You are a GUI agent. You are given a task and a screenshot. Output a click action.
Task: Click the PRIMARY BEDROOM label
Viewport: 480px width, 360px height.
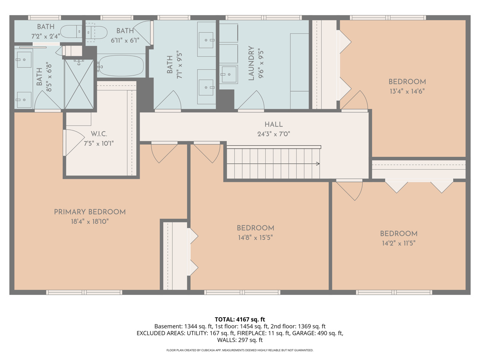click(90, 212)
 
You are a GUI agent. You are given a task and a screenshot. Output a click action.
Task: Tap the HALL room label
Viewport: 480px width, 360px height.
click(274, 124)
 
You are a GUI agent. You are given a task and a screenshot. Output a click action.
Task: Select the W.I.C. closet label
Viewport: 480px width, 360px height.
click(99, 134)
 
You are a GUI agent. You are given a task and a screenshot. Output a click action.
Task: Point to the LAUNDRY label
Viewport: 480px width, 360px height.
click(251, 63)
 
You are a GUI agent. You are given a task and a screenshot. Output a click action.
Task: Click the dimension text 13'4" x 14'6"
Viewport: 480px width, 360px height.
click(407, 91)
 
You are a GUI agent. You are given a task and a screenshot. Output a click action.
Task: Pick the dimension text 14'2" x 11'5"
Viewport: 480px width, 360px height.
click(399, 243)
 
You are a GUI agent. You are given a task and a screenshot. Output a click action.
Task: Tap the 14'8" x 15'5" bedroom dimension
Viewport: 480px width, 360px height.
click(256, 237)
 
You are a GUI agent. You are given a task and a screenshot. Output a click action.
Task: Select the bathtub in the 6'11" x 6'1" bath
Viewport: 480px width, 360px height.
click(120, 65)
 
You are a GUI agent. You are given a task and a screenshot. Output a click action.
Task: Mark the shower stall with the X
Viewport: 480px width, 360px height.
click(79, 84)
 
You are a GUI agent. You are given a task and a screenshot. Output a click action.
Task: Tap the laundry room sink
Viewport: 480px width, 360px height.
click(228, 74)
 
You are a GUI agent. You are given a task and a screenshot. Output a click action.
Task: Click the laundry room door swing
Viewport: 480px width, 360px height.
click(251, 100)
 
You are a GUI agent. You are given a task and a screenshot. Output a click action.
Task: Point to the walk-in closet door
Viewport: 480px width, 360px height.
click(74, 142)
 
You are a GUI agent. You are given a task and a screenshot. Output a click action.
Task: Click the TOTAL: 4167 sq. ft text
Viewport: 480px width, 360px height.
click(240, 320)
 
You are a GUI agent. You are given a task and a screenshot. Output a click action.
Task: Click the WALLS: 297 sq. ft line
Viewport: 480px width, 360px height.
click(240, 340)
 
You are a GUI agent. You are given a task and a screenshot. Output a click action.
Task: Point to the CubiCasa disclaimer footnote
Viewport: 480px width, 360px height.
click(240, 350)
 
